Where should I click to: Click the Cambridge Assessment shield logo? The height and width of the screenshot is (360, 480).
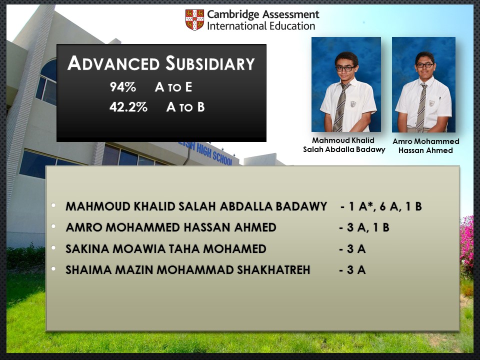194,20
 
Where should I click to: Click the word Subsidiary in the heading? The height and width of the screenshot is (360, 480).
210,63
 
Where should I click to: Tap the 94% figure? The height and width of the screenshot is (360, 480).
123,87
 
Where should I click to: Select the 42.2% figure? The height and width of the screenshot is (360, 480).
128,107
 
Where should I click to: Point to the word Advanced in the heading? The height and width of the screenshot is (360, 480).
113,63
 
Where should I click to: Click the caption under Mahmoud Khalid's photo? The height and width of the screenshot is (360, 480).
344,145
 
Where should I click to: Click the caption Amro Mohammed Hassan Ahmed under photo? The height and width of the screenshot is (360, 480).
426,145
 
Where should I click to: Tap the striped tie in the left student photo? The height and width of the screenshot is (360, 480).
340,107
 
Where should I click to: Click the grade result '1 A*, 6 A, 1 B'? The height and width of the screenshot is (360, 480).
381,206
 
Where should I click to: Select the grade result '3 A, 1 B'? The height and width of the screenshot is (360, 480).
364,227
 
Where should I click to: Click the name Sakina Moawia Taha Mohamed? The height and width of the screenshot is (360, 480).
166,249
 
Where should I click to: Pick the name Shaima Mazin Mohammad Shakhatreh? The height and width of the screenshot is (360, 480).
188,270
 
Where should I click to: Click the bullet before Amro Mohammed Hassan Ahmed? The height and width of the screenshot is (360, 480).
54,226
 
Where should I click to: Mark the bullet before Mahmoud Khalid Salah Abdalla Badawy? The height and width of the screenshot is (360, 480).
54,205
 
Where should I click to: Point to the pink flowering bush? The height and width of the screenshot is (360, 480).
466,245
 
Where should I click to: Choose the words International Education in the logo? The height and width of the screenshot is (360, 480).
261,26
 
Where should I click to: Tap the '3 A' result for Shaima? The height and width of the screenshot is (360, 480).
352,270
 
